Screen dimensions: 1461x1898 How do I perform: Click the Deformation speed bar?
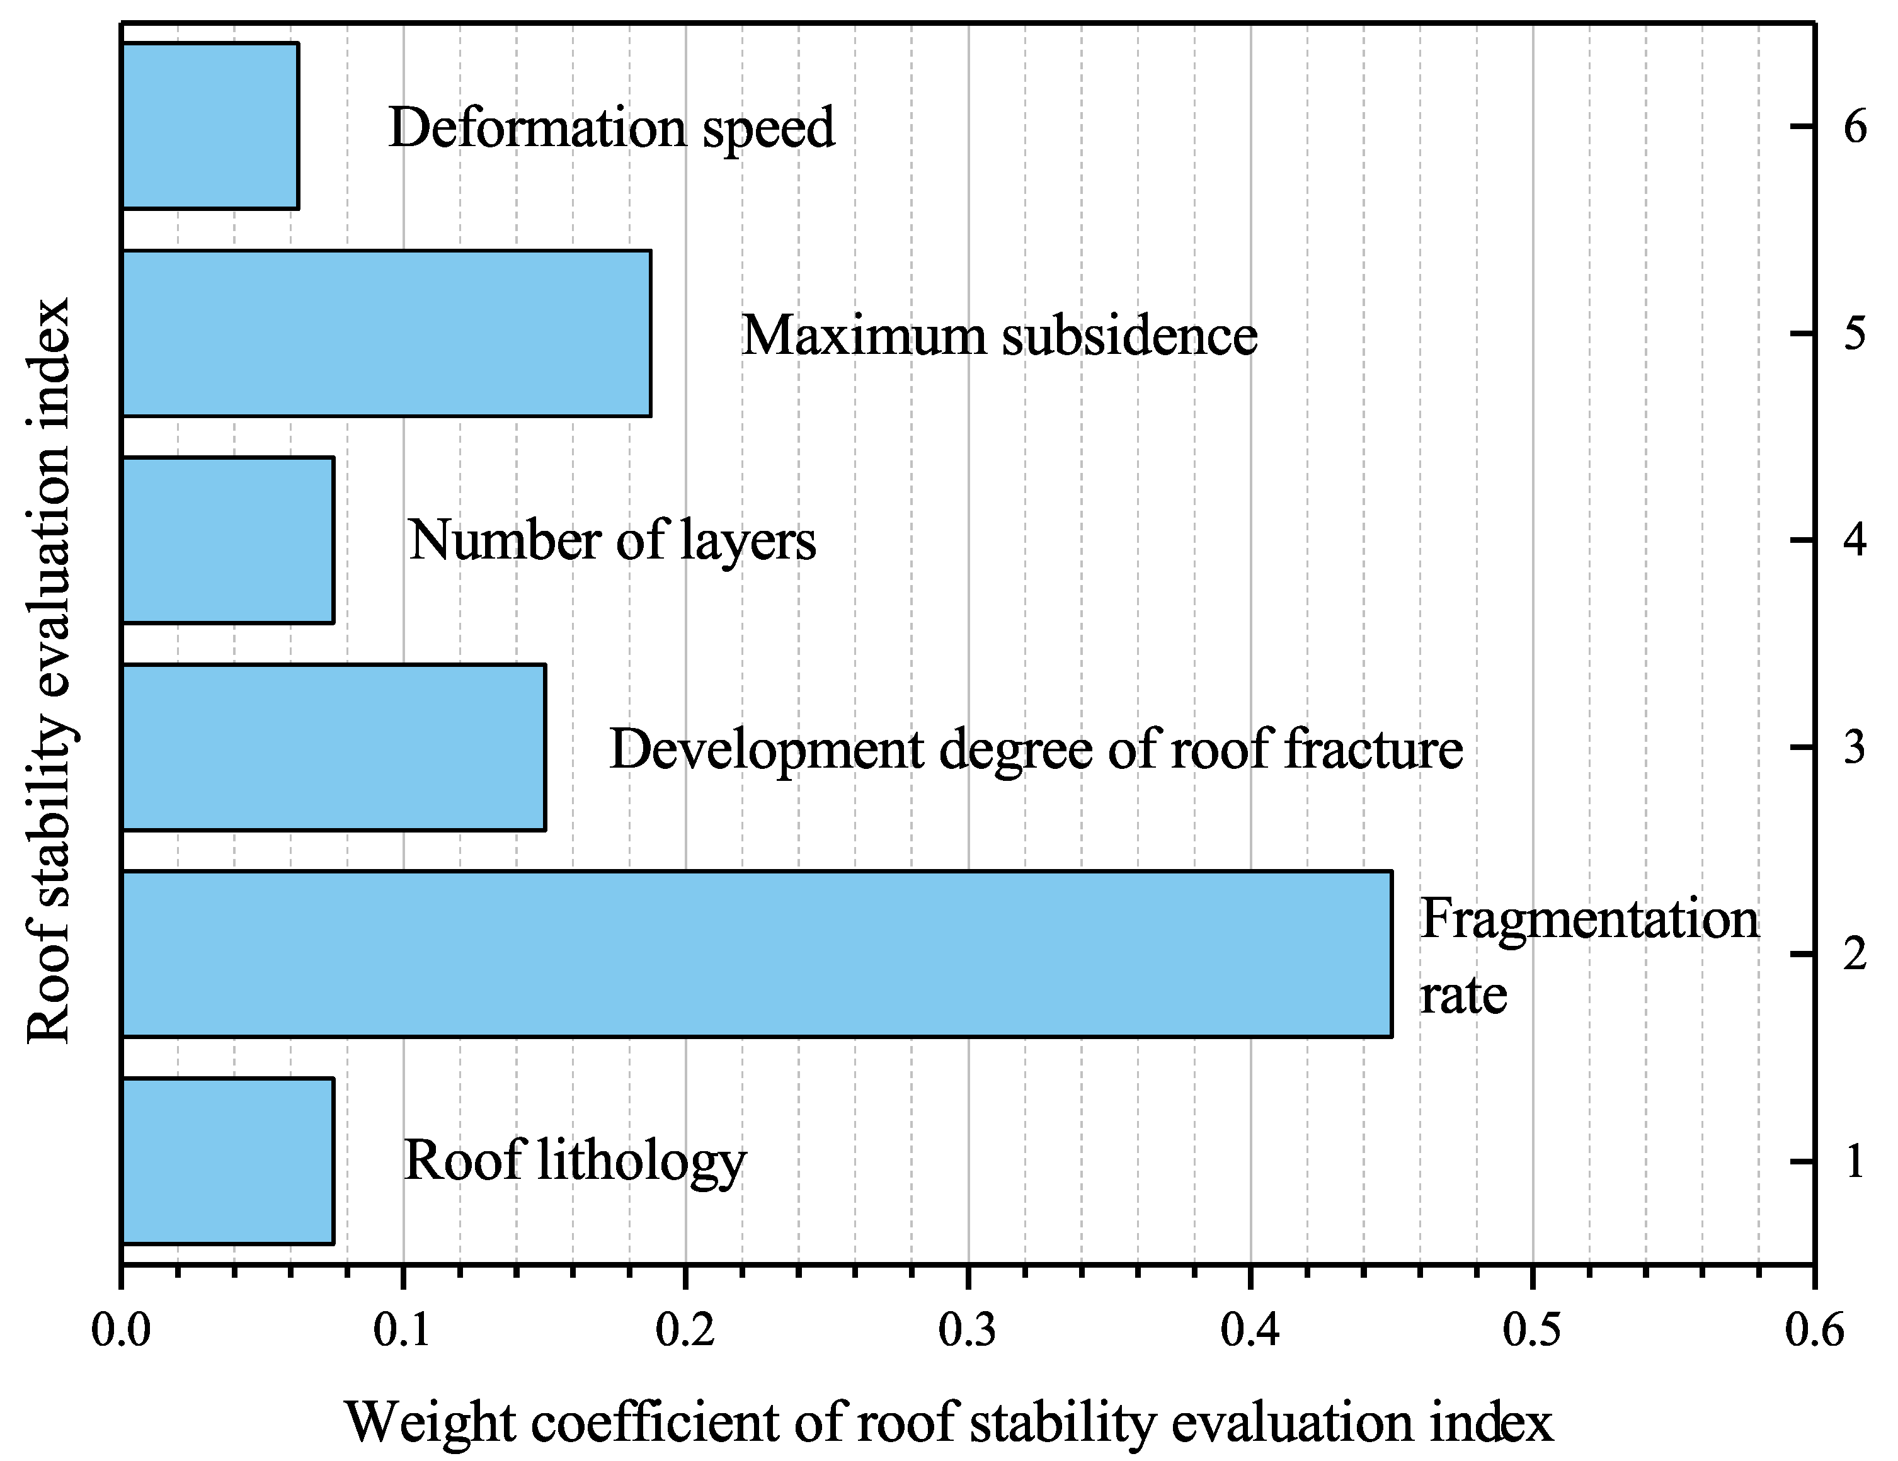pos(210,126)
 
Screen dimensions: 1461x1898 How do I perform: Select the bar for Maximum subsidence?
pos(386,334)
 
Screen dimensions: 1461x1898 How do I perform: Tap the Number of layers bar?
pos(227,540)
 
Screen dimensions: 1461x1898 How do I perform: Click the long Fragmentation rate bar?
pos(756,953)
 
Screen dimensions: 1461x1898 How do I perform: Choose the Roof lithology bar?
pos(227,1161)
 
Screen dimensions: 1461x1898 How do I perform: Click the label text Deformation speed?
pos(611,128)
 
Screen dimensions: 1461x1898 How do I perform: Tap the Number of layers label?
pos(612,541)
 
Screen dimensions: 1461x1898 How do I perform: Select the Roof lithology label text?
pos(575,1161)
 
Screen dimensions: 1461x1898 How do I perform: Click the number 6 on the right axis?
pos(1855,128)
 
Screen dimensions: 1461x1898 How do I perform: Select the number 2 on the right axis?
pos(1855,955)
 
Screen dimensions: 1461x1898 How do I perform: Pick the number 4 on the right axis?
pos(1855,541)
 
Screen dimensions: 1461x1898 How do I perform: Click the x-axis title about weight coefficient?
pos(949,1423)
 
